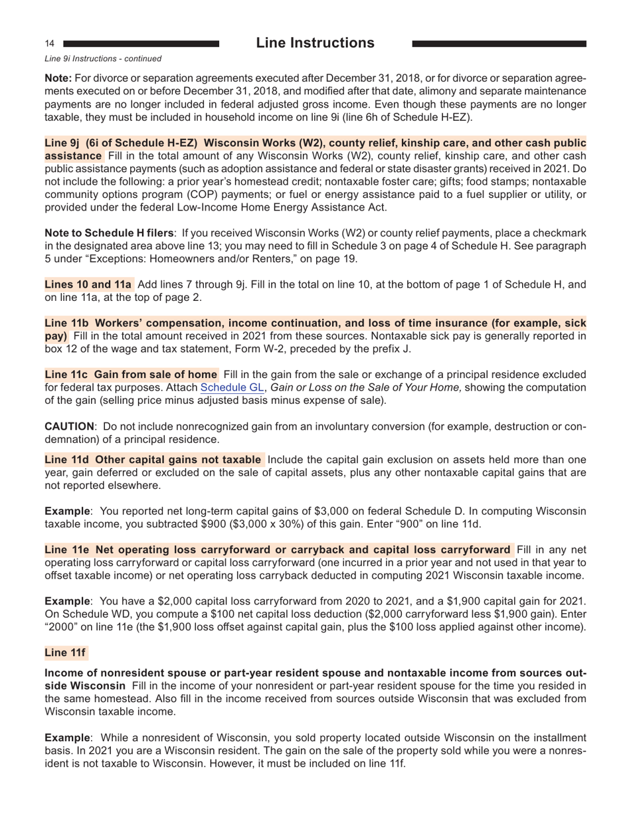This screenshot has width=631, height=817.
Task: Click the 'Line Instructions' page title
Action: click(315, 43)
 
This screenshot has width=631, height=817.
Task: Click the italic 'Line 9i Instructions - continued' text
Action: click(102, 59)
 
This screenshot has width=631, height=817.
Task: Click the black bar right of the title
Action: click(499, 44)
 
